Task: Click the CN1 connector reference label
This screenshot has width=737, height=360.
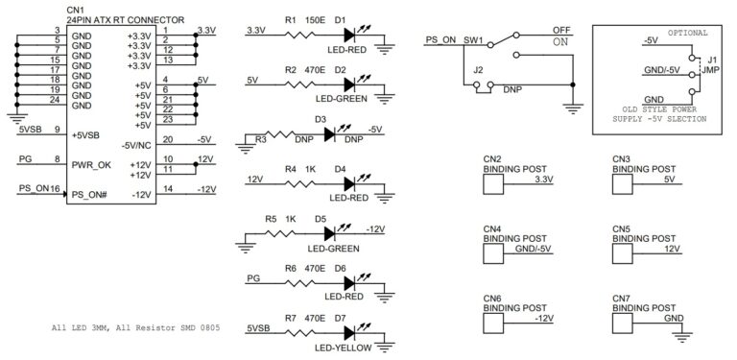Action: pos(76,10)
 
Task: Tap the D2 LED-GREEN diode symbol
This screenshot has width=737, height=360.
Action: pos(350,84)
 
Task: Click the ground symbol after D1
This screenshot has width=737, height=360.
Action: pos(385,46)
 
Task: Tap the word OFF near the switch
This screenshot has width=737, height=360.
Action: pos(561,29)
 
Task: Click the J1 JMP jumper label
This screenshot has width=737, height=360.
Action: pos(709,64)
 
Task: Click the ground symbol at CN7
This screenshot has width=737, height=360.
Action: pos(682,335)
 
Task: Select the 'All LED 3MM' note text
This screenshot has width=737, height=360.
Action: pos(81,328)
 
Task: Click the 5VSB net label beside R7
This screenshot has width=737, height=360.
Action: pos(258,327)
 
